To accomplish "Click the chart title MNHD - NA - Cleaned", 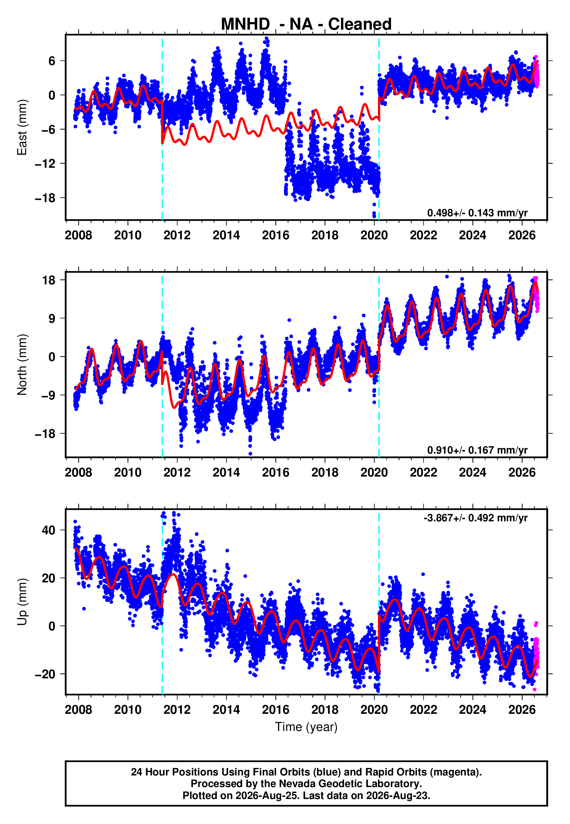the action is click(x=306, y=24).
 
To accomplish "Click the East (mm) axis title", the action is click(x=22, y=127).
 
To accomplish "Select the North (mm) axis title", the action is click(x=22, y=365).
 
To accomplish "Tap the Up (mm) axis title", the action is click(x=22, y=602).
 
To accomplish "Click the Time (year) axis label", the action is click(x=306, y=727).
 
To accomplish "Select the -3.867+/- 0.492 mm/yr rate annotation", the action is click(x=476, y=518).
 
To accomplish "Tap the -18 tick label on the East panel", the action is click(x=45, y=198).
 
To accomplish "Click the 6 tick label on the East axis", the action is click(x=52, y=61).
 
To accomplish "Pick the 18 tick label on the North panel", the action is click(x=49, y=280).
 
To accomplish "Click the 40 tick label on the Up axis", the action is click(x=49, y=530).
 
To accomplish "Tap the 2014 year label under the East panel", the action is click(x=226, y=235).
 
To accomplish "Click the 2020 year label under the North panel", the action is click(x=374, y=472).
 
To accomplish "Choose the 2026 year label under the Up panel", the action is click(x=522, y=710).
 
